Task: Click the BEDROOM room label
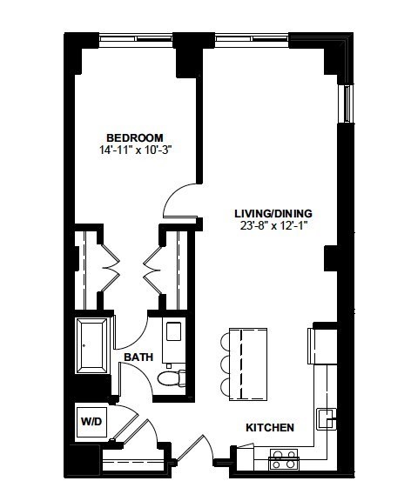pyautogui.click(x=135, y=138)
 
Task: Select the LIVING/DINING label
pyautogui.click(x=273, y=213)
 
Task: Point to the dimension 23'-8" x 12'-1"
pyautogui.click(x=273, y=226)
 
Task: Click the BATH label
pyautogui.click(x=138, y=357)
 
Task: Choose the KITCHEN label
pyautogui.click(x=270, y=428)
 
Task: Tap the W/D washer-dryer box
pyautogui.click(x=91, y=422)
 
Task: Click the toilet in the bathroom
pyautogui.click(x=172, y=378)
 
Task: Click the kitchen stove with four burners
pyautogui.click(x=284, y=459)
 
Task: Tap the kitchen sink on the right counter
pyautogui.click(x=326, y=418)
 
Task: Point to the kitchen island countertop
pyautogui.click(x=248, y=364)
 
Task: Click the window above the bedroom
pyautogui.click(x=136, y=38)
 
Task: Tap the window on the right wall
pyautogui.click(x=347, y=104)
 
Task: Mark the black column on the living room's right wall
pyautogui.click(x=331, y=258)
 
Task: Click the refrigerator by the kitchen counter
pyautogui.click(x=322, y=345)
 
